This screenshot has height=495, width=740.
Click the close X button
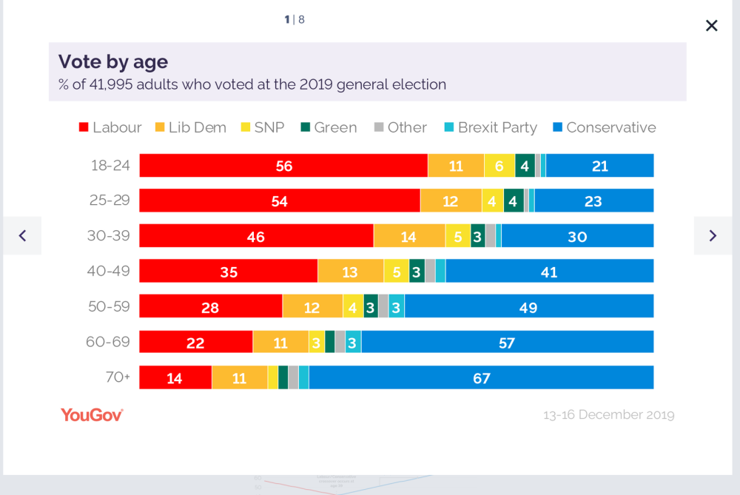[x=711, y=25]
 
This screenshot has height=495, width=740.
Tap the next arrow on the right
[x=713, y=235]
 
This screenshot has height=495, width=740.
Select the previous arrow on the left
[x=22, y=235]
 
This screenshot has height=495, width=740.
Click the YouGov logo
[x=92, y=415]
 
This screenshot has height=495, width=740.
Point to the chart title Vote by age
[x=113, y=62]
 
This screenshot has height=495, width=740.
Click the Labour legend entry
[x=110, y=127]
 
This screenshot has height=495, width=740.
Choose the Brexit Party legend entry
[x=491, y=127]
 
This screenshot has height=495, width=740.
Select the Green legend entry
[x=329, y=127]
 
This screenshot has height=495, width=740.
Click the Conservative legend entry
[x=605, y=127]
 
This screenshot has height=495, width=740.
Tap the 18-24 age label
[x=110, y=165]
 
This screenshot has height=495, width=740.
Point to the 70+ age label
[x=118, y=377]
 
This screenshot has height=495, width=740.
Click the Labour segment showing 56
[x=283, y=166]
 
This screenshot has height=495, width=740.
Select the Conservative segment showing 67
[x=482, y=377]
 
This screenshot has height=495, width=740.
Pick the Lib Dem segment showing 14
[x=409, y=236]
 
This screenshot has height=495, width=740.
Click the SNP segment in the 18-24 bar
[x=499, y=166]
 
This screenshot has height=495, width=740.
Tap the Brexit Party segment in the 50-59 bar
[x=397, y=307]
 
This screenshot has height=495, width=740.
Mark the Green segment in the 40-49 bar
[x=417, y=272]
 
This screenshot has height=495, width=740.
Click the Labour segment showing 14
[x=175, y=377]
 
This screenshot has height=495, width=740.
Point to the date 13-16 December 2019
[x=609, y=415]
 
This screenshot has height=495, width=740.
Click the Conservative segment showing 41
[x=550, y=272]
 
